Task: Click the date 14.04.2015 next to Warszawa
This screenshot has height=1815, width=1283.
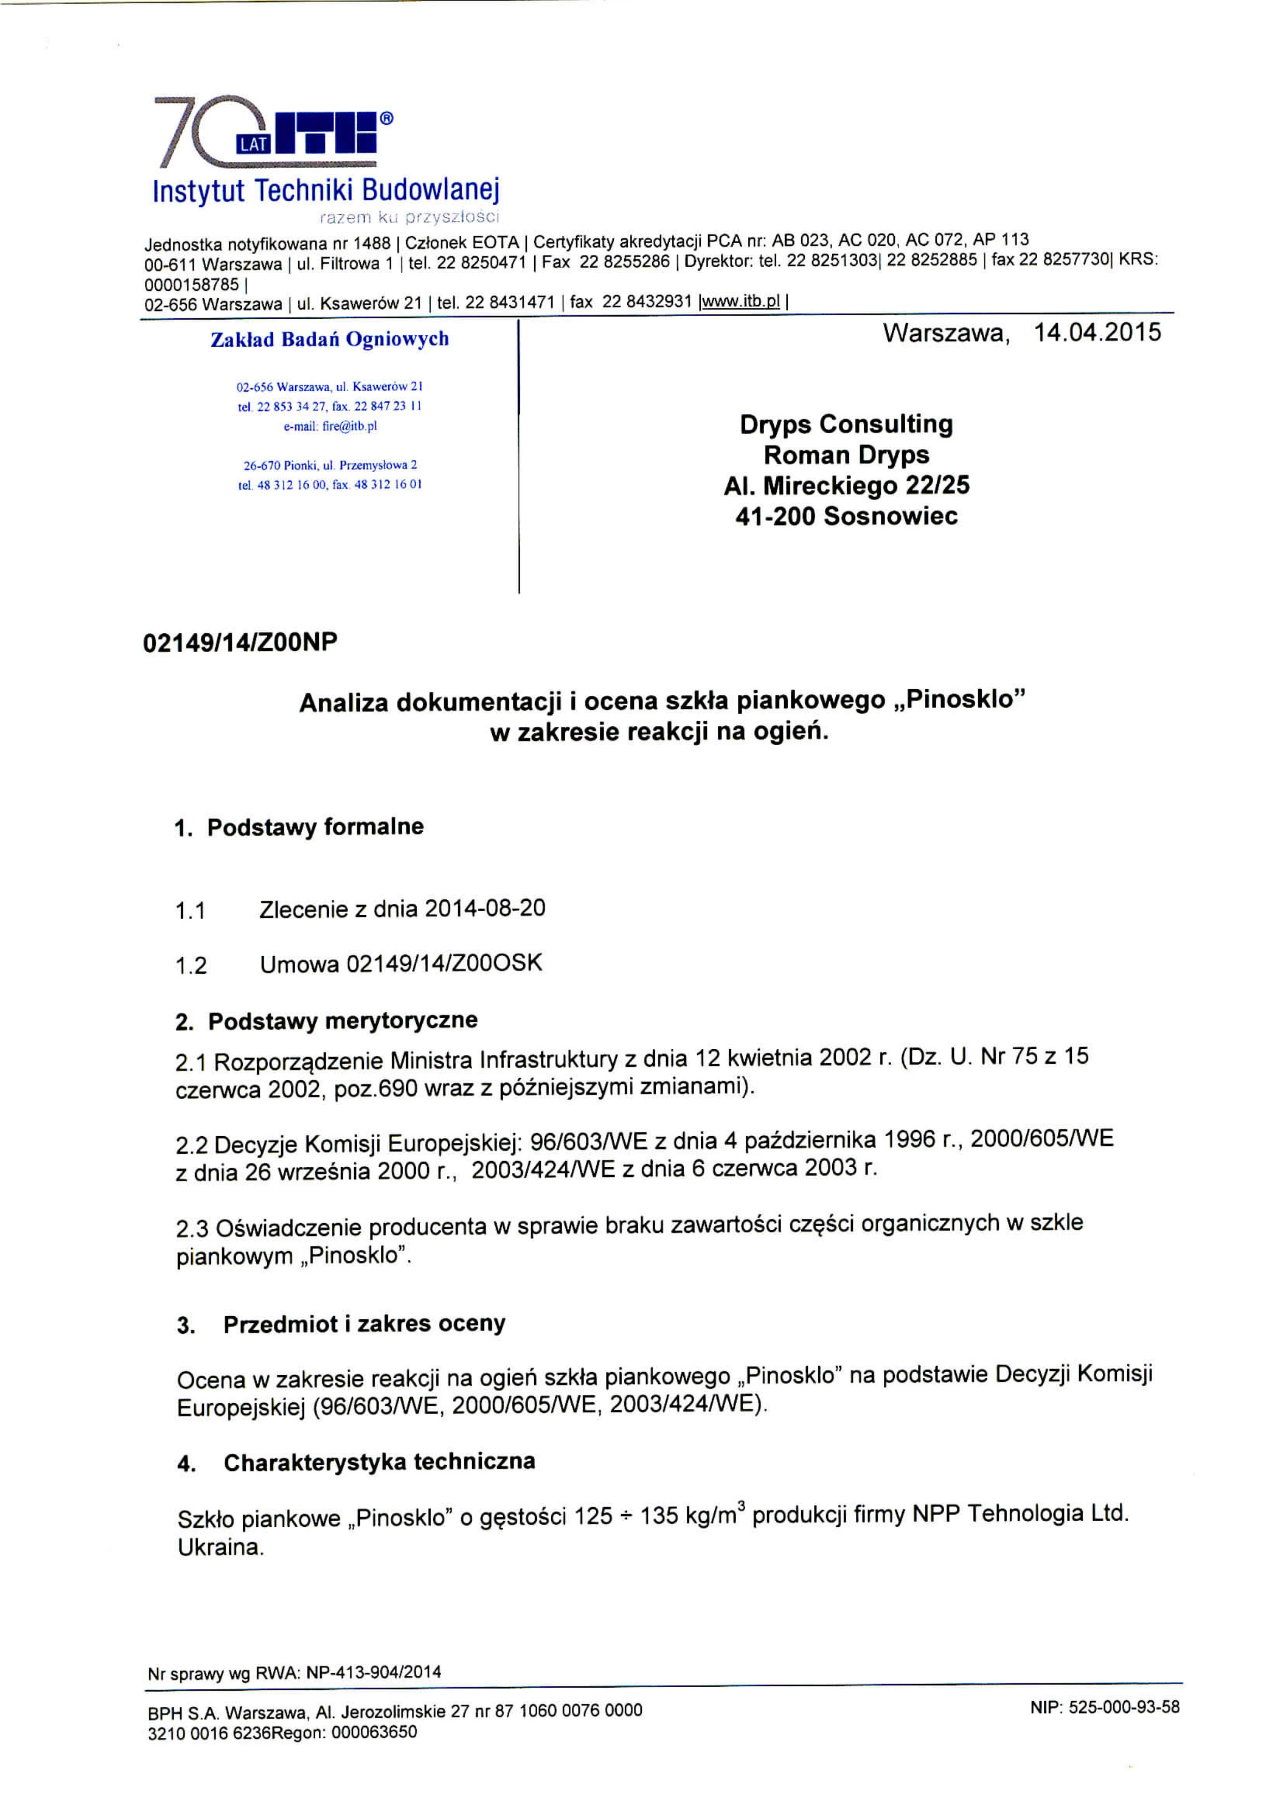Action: click(x=1097, y=333)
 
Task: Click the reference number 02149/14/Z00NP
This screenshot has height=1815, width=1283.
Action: click(x=240, y=642)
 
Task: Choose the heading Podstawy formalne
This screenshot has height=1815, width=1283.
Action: click(x=315, y=827)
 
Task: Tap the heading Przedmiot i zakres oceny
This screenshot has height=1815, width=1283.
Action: click(x=364, y=1324)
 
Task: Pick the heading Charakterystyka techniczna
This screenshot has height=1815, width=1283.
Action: click(x=379, y=1463)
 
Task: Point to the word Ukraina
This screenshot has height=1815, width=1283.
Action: click(x=220, y=1548)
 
